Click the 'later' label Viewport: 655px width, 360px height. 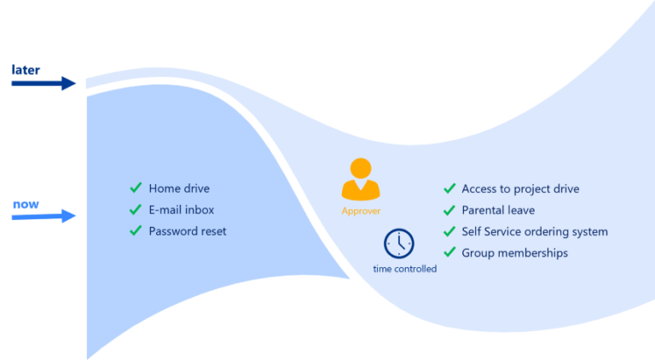[x=26, y=69]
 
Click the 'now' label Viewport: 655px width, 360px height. [x=26, y=205]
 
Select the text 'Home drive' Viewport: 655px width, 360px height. [x=178, y=189]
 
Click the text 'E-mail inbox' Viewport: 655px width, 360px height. [x=181, y=210]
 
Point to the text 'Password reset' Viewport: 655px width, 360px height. [x=188, y=231]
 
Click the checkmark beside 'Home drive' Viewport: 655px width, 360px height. [x=136, y=188]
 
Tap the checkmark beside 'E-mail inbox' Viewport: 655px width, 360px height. [x=136, y=209]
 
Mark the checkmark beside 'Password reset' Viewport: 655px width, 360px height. [x=136, y=230]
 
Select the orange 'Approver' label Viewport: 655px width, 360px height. [x=361, y=211]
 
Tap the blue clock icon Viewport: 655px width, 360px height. [x=398, y=244]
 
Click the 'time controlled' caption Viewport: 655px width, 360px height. [x=404, y=269]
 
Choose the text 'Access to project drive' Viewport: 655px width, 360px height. [x=520, y=189]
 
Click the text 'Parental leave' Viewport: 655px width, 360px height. [x=498, y=210]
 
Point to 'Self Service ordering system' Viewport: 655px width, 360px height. [x=535, y=231]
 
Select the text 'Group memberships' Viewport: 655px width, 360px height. [x=514, y=253]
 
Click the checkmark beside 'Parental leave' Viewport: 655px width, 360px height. [x=449, y=210]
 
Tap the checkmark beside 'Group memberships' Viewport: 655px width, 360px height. [x=449, y=253]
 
